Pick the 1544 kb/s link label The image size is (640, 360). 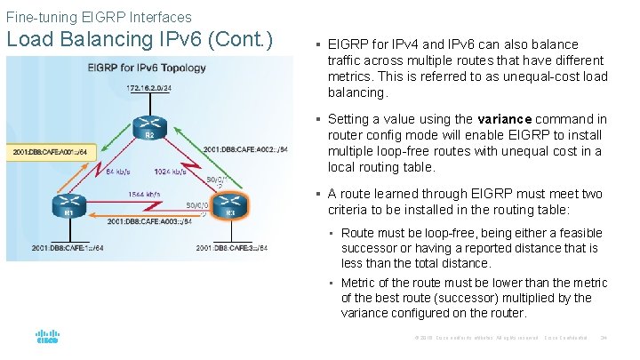[144, 194]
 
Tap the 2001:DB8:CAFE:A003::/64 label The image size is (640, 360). [149, 220]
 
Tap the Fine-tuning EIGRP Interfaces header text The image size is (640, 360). [98, 17]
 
